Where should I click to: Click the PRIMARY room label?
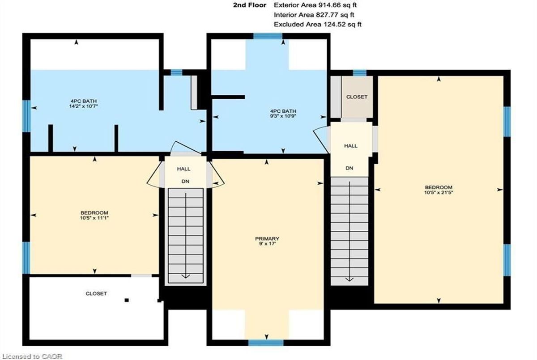coord(267,238)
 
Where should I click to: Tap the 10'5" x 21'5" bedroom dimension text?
coord(439,192)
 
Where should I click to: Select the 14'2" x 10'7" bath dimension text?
coord(84,106)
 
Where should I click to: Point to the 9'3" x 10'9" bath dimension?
coord(283,116)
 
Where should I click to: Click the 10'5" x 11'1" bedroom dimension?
coord(94,218)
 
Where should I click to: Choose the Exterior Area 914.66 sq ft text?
coord(315,5)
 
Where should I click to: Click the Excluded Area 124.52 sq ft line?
coord(318,25)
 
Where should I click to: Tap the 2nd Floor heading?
coord(250,5)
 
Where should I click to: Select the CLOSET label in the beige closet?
coord(357,97)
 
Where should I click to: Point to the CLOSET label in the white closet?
coord(96,293)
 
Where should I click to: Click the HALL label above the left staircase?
coord(183,169)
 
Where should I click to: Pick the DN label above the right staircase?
coord(349,168)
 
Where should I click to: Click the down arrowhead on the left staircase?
coord(186,276)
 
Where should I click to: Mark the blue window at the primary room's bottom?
coord(266,343)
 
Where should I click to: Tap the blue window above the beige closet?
coord(360,73)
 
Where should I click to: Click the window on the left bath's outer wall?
coord(26,116)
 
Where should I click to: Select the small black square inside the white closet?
coord(127,300)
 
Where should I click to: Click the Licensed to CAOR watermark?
coord(32,356)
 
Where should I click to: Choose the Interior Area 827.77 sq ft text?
coord(314,15)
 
